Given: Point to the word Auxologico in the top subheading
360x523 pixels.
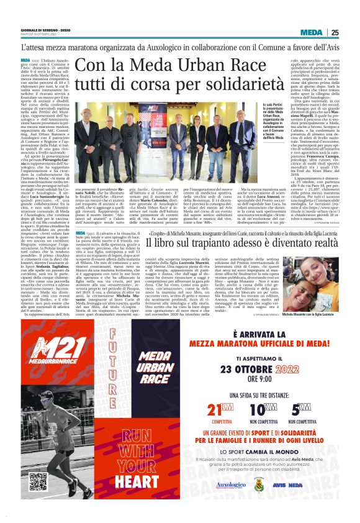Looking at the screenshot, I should (158, 47).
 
